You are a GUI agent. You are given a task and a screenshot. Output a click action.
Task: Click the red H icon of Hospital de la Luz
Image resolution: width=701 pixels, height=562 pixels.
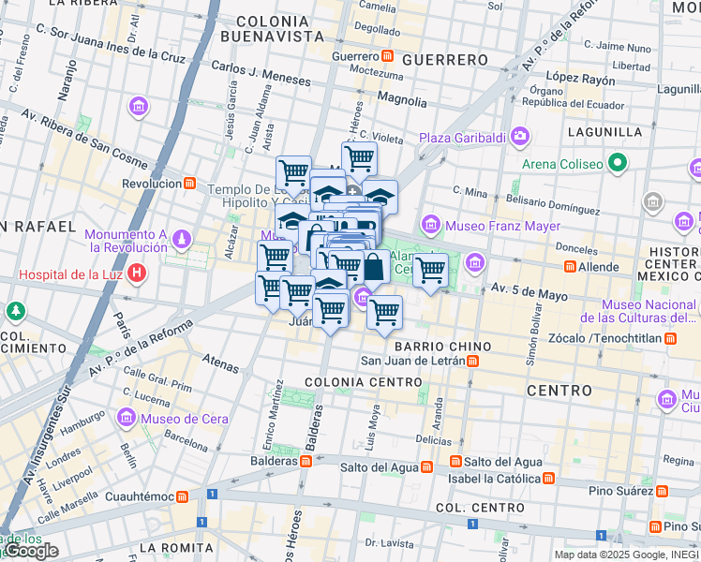pos(138,274)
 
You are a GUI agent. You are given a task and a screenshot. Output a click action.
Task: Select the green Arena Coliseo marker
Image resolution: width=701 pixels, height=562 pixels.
pos(617,165)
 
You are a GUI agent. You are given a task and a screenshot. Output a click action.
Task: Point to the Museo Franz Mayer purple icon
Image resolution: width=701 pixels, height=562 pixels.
pos(431,224)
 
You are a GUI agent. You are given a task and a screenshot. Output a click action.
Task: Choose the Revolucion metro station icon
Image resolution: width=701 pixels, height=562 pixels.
pos(189,184)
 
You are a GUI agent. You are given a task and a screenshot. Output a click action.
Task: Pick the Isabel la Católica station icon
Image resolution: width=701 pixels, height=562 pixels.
pos(548,478)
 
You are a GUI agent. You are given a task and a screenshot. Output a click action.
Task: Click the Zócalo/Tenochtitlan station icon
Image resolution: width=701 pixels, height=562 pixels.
pos(670,337)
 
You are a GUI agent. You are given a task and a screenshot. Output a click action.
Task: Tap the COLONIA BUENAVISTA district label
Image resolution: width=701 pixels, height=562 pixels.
pos(273,28)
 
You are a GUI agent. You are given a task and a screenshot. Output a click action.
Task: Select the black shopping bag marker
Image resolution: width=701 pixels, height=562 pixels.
pos(373,267)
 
